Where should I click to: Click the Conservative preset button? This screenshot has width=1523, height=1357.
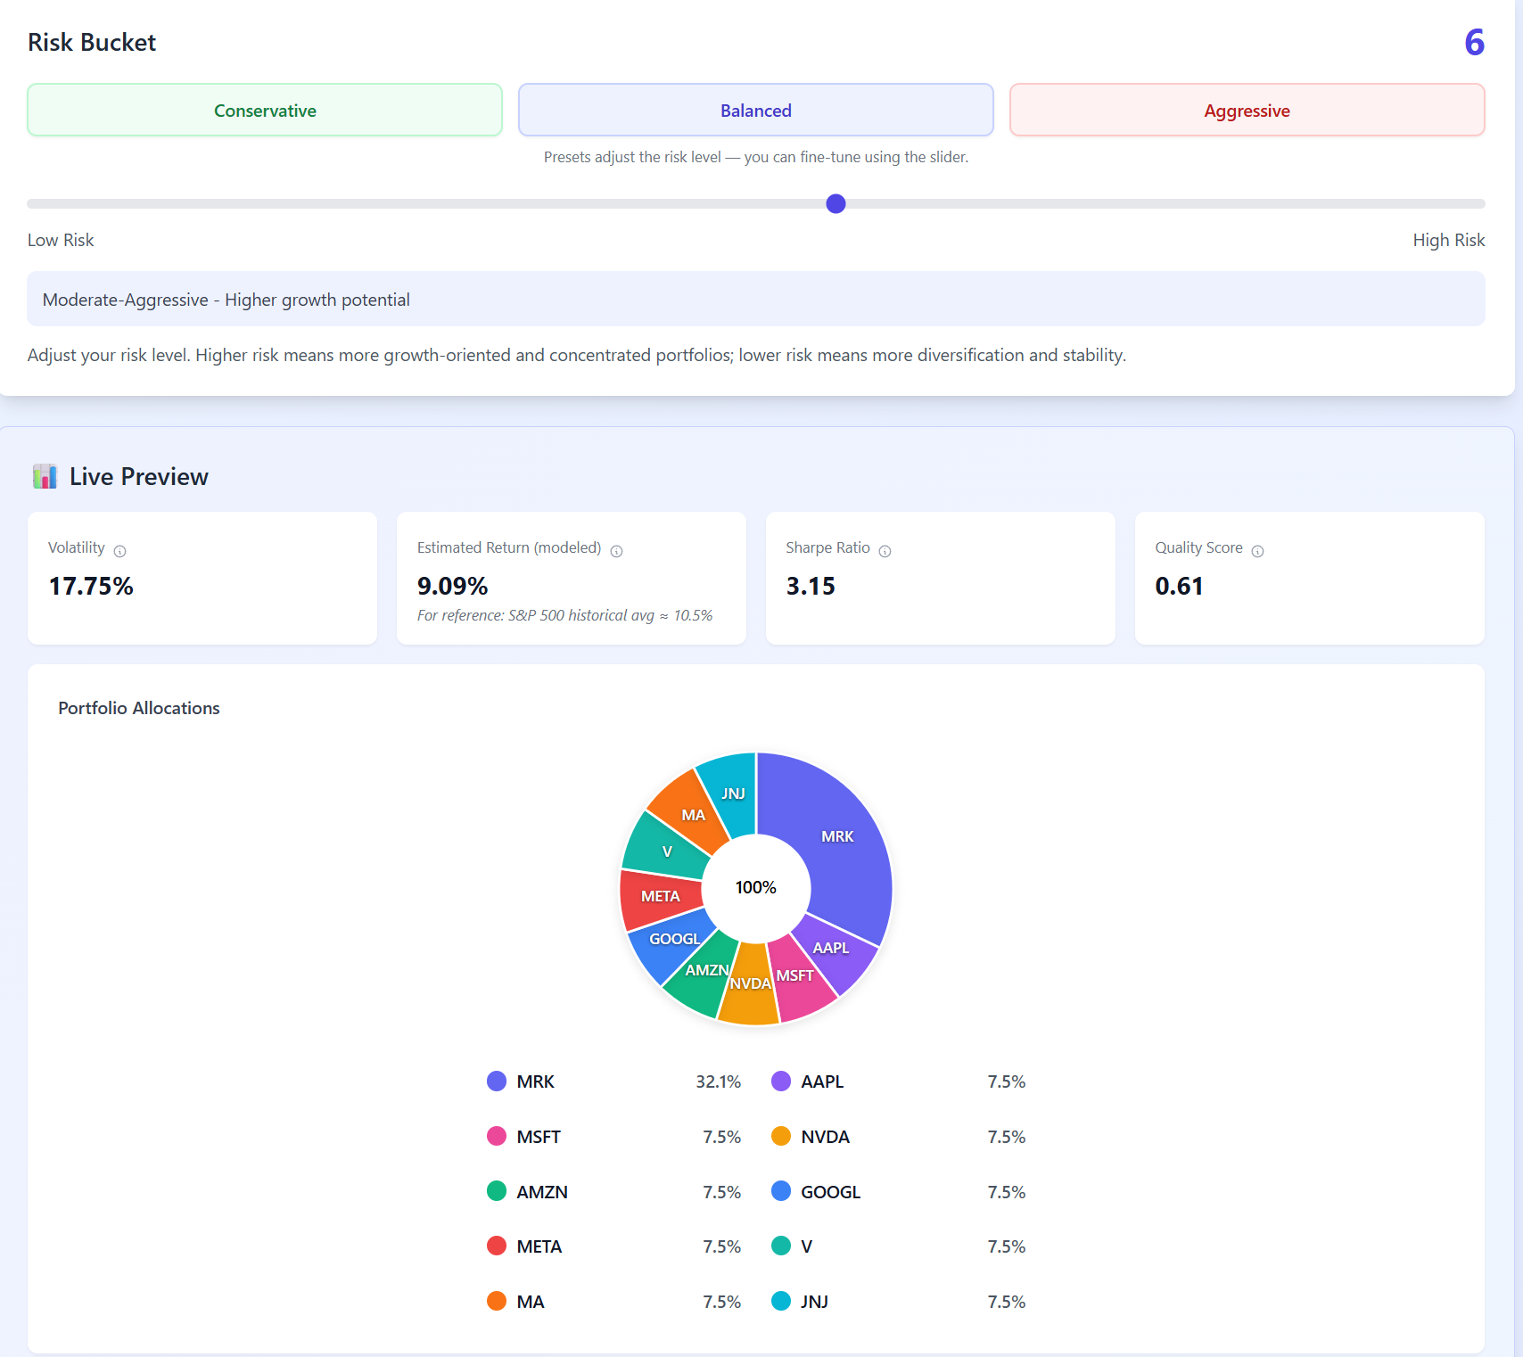point(265,111)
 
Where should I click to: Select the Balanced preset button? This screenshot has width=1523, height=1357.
point(755,111)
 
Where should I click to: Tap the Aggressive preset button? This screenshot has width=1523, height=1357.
point(1247,111)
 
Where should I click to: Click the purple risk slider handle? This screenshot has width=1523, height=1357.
point(836,204)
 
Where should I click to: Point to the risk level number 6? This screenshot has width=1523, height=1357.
point(1474,43)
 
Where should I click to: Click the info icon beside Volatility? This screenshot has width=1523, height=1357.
point(120,551)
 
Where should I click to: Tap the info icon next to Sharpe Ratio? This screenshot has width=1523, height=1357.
point(885,551)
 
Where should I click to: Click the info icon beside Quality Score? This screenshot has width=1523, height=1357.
point(1257,551)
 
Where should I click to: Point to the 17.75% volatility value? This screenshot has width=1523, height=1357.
point(91,586)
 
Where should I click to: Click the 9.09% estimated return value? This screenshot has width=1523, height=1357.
point(452,586)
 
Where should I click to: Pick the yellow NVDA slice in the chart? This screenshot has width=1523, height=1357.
point(748,990)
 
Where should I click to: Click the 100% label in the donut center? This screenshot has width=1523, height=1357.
point(755,887)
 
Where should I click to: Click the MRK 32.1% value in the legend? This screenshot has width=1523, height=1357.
point(718,1081)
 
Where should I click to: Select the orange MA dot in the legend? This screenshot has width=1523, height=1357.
point(497,1301)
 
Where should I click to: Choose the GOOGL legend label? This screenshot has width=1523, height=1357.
point(830,1192)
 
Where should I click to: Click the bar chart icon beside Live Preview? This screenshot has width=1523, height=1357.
point(45,476)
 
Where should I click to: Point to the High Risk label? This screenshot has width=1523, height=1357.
point(1448,240)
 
